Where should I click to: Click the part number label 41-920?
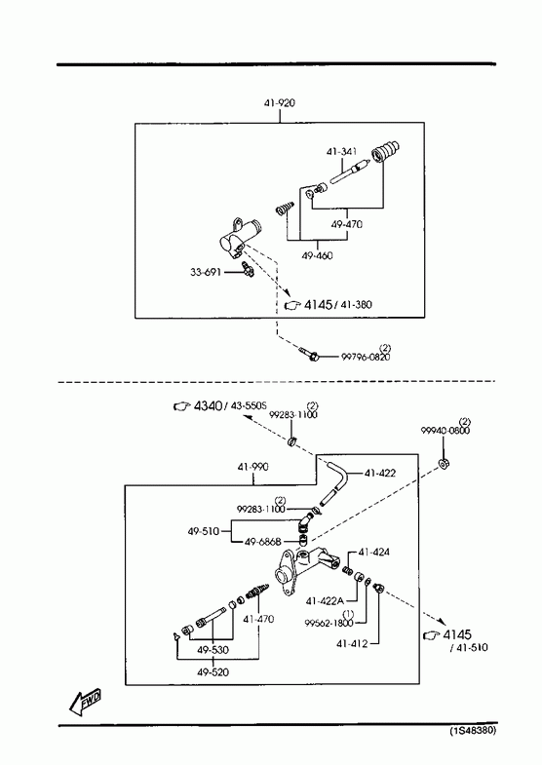[280, 103]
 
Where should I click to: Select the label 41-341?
[341, 152]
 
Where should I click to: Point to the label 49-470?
[346, 224]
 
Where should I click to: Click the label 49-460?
[317, 255]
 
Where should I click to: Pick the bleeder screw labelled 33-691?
[248, 268]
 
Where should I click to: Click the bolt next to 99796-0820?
[308, 354]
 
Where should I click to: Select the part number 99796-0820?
[366, 357]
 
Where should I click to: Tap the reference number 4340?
[209, 405]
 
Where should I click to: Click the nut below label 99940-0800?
[444, 463]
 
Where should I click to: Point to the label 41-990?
[252, 467]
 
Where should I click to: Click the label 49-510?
[204, 531]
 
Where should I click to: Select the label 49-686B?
[262, 542]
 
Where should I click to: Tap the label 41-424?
[373, 553]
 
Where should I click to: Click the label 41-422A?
[325, 601]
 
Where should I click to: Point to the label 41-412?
[352, 644]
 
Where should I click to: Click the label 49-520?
[213, 672]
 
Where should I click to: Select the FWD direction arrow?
[85, 701]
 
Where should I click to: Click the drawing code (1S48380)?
[473, 730]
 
